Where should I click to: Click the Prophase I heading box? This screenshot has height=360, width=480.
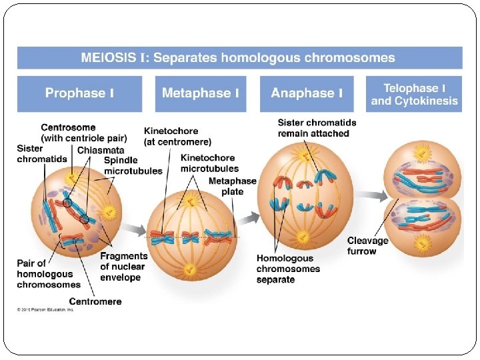[x=79, y=93]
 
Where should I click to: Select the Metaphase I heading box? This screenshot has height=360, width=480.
[x=200, y=93]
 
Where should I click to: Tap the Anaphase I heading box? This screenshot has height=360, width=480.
[x=307, y=93]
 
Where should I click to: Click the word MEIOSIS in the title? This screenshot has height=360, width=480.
[x=109, y=58]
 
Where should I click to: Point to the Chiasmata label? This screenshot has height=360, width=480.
[x=101, y=150]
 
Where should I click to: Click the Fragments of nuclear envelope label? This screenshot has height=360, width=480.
[x=123, y=266]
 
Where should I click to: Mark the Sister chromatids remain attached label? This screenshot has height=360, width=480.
[x=317, y=128]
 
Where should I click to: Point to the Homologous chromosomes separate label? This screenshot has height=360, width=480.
[x=288, y=269]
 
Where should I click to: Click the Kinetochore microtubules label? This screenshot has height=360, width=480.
[x=209, y=163]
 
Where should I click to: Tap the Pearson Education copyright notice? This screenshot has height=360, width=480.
[x=45, y=309]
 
